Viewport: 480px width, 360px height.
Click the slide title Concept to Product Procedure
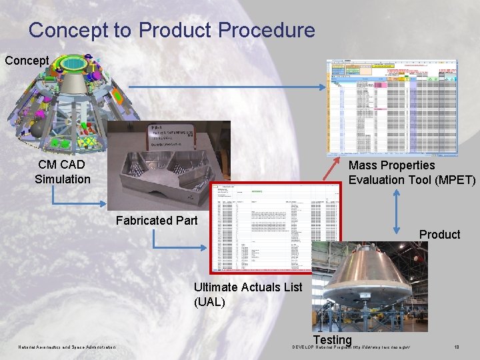(171, 30)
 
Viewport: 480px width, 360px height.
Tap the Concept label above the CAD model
(27, 61)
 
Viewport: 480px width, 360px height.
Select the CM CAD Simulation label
(63, 172)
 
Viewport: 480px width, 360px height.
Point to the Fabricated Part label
(157, 221)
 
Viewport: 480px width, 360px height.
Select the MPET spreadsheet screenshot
(401, 107)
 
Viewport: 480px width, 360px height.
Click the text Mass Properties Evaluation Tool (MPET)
(412, 173)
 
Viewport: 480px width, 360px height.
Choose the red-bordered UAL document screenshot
(275, 227)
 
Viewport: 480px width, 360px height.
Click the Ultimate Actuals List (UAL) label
(247, 295)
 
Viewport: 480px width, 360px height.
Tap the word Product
(439, 235)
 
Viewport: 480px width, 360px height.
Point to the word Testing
(332, 341)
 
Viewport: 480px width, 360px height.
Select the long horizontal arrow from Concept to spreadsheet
(227, 86)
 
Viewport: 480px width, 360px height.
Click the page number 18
(457, 347)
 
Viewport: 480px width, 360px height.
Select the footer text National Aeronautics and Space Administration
(67, 347)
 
